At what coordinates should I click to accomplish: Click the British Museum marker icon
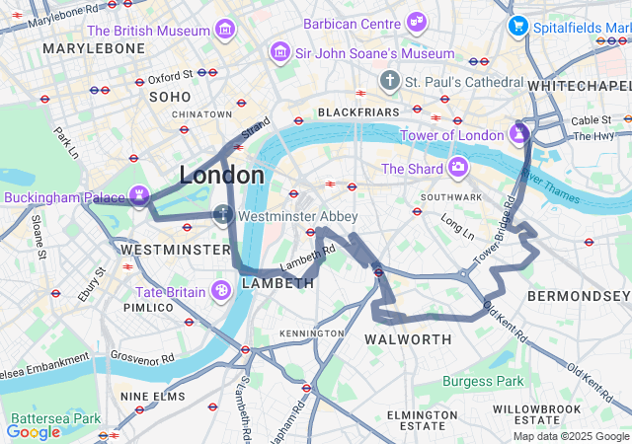coord(225,30)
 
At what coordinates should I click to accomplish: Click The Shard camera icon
coord(457,168)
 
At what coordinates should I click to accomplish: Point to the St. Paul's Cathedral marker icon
coord(390,81)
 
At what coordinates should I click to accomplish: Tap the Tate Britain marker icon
coord(221,291)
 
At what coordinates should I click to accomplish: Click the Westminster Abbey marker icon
coord(223,214)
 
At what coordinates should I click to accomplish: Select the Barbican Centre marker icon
coord(417,22)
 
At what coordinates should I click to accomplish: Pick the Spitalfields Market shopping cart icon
coord(516,26)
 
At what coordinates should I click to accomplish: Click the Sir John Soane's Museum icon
coord(280,51)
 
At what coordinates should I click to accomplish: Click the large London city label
coord(221,176)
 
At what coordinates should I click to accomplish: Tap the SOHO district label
coord(168,97)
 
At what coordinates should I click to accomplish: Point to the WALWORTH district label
coord(408,339)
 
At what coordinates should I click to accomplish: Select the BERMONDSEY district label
coord(579,296)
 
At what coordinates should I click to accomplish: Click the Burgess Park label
coord(483,381)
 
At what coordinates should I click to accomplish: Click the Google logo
coord(34,431)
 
